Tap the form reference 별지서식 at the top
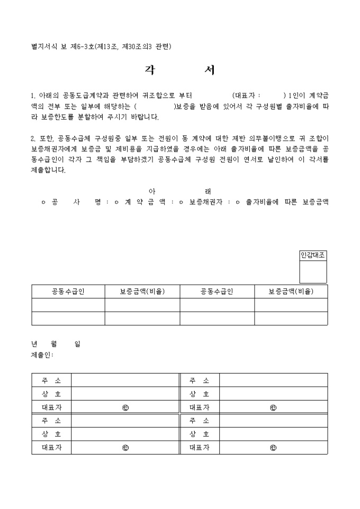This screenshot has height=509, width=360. (44, 47)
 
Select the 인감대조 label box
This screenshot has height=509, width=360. (313, 256)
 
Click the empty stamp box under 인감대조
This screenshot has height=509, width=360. (313, 272)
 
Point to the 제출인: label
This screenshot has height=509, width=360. (42, 355)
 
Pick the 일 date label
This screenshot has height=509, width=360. (77, 343)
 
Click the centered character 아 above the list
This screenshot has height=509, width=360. (152, 191)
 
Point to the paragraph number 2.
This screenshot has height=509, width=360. (33, 139)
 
